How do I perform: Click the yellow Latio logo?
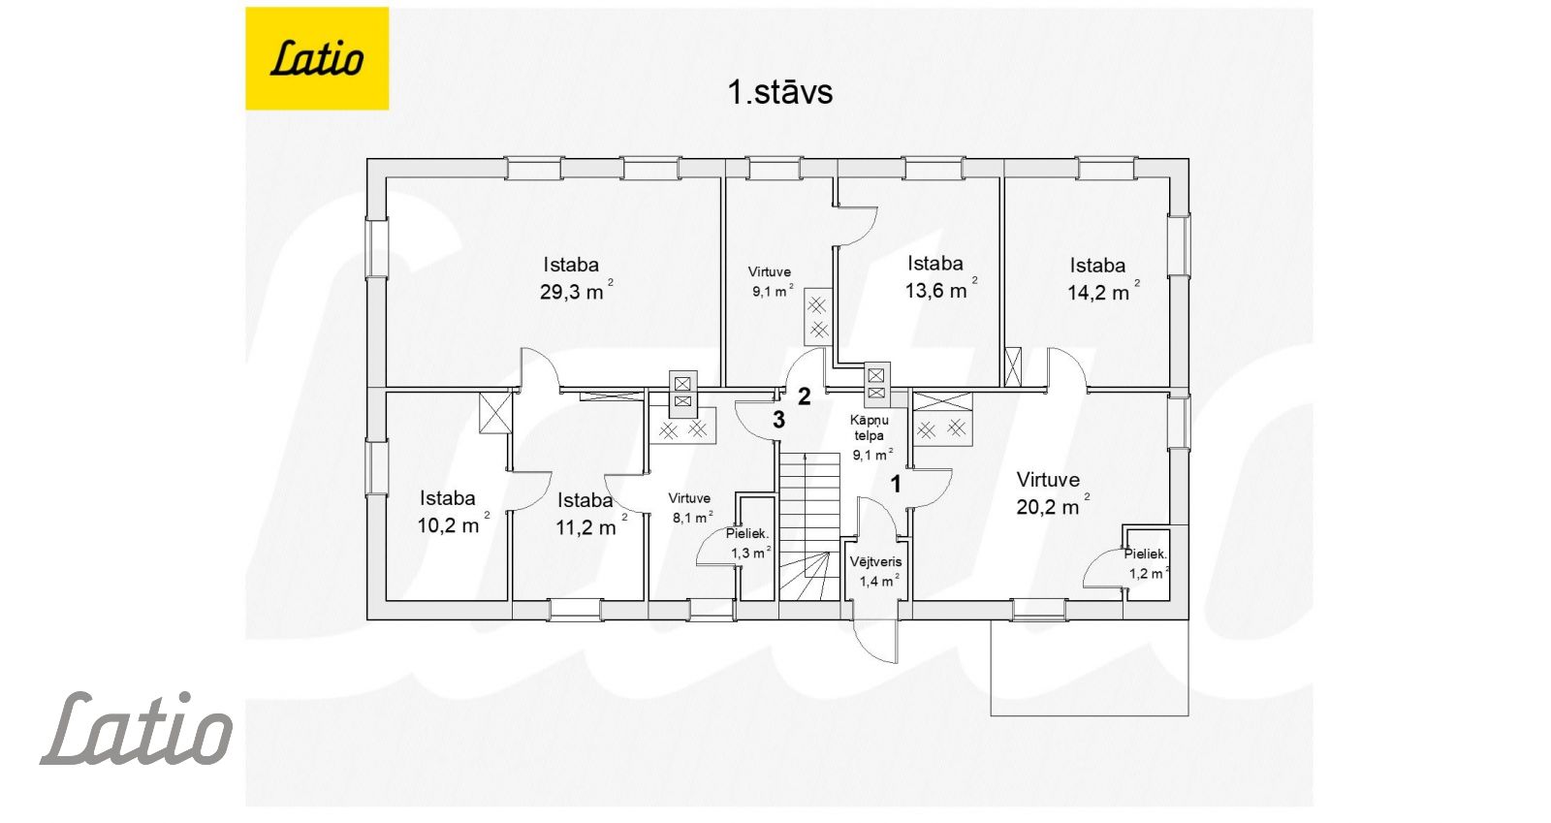click(x=316, y=58)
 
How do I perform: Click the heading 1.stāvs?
click(x=779, y=92)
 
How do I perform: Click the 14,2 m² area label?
click(x=1103, y=292)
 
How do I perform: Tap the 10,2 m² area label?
click(x=453, y=524)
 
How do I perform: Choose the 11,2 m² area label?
click(x=591, y=527)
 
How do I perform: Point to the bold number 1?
click(x=896, y=485)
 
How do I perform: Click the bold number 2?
click(x=804, y=396)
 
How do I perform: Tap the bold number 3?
click(x=779, y=420)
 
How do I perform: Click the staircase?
click(x=809, y=526)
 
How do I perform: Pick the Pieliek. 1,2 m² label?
click(x=1147, y=563)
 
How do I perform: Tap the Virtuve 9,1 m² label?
click(x=772, y=281)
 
